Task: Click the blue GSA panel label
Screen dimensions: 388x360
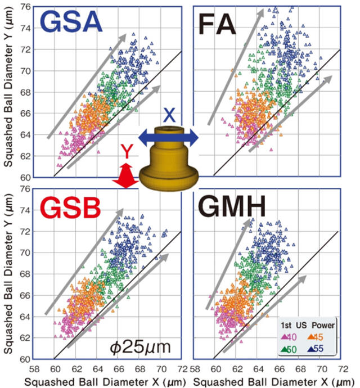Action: point(70,23)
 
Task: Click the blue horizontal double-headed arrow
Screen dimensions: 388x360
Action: point(169,136)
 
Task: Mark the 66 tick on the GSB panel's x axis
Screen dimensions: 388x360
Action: point(119,369)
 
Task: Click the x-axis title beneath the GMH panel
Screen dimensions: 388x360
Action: point(269,381)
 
